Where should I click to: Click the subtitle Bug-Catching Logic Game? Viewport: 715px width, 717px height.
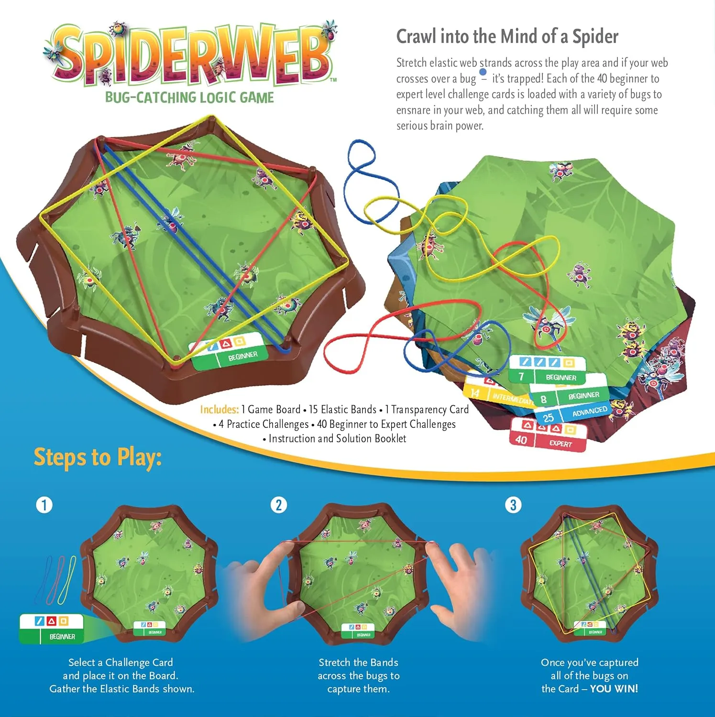click(x=189, y=98)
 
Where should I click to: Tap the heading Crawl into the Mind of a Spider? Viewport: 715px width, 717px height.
click(x=507, y=37)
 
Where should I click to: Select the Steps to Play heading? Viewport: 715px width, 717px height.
click(x=98, y=457)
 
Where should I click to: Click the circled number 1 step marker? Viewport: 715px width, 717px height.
click(x=44, y=505)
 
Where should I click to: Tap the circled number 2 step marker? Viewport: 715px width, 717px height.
click(x=279, y=505)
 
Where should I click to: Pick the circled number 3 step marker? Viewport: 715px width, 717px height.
click(x=513, y=505)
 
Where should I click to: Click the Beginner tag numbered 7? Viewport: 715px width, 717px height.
click(x=548, y=369)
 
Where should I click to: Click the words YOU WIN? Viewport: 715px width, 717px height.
click(x=614, y=689)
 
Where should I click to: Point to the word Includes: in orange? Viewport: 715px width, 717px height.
click(x=219, y=410)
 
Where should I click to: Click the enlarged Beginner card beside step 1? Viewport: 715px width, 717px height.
click(x=52, y=629)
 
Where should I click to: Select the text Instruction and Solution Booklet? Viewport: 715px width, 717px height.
click(x=337, y=438)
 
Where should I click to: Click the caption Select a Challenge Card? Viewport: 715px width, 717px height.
click(x=121, y=663)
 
